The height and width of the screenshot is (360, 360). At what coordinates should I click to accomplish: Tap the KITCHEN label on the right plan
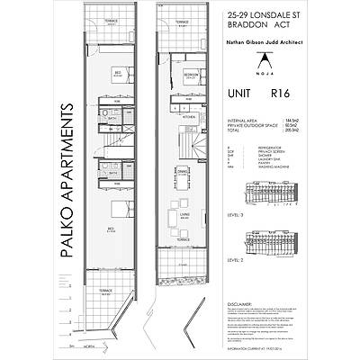tap(189, 117)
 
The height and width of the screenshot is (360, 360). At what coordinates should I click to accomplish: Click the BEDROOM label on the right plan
tap(191, 75)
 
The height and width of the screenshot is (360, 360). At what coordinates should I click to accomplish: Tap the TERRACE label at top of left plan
tap(112, 20)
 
